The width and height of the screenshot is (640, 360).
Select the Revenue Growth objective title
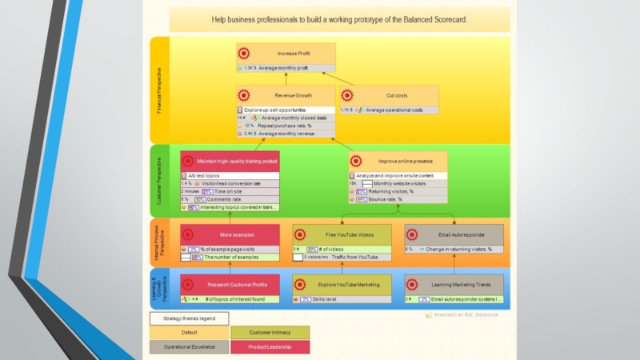[293, 95]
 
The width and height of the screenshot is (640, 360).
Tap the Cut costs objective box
[396, 95]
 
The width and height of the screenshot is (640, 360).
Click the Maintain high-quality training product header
[237, 161]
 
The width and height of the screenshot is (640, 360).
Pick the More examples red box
[237, 235]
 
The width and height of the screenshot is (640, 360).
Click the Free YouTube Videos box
[350, 235]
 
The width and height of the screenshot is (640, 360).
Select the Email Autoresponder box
[462, 235]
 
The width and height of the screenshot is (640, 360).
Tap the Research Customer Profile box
[237, 285]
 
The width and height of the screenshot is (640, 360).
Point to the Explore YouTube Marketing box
[350, 285]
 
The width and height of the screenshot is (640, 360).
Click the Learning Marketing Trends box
[462, 285]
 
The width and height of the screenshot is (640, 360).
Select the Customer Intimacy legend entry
[270, 332]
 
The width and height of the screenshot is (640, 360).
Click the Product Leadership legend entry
[270, 347]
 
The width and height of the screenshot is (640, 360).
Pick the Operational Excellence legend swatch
[189, 347]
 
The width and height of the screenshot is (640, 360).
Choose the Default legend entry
[189, 332]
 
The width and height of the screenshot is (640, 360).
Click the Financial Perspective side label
[159, 90]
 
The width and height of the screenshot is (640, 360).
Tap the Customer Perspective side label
[159, 181]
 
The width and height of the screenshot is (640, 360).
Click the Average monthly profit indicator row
[286, 68]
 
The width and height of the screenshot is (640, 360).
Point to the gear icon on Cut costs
[350, 95]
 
